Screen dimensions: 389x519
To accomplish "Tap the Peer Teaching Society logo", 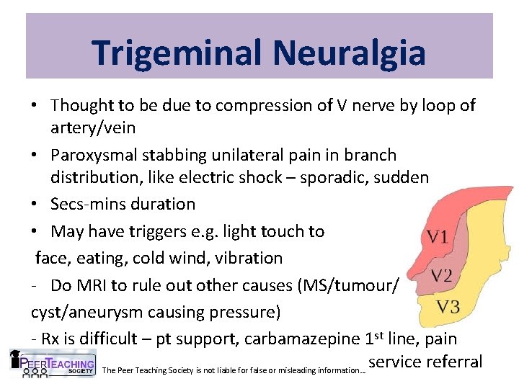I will (x=53, y=364).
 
